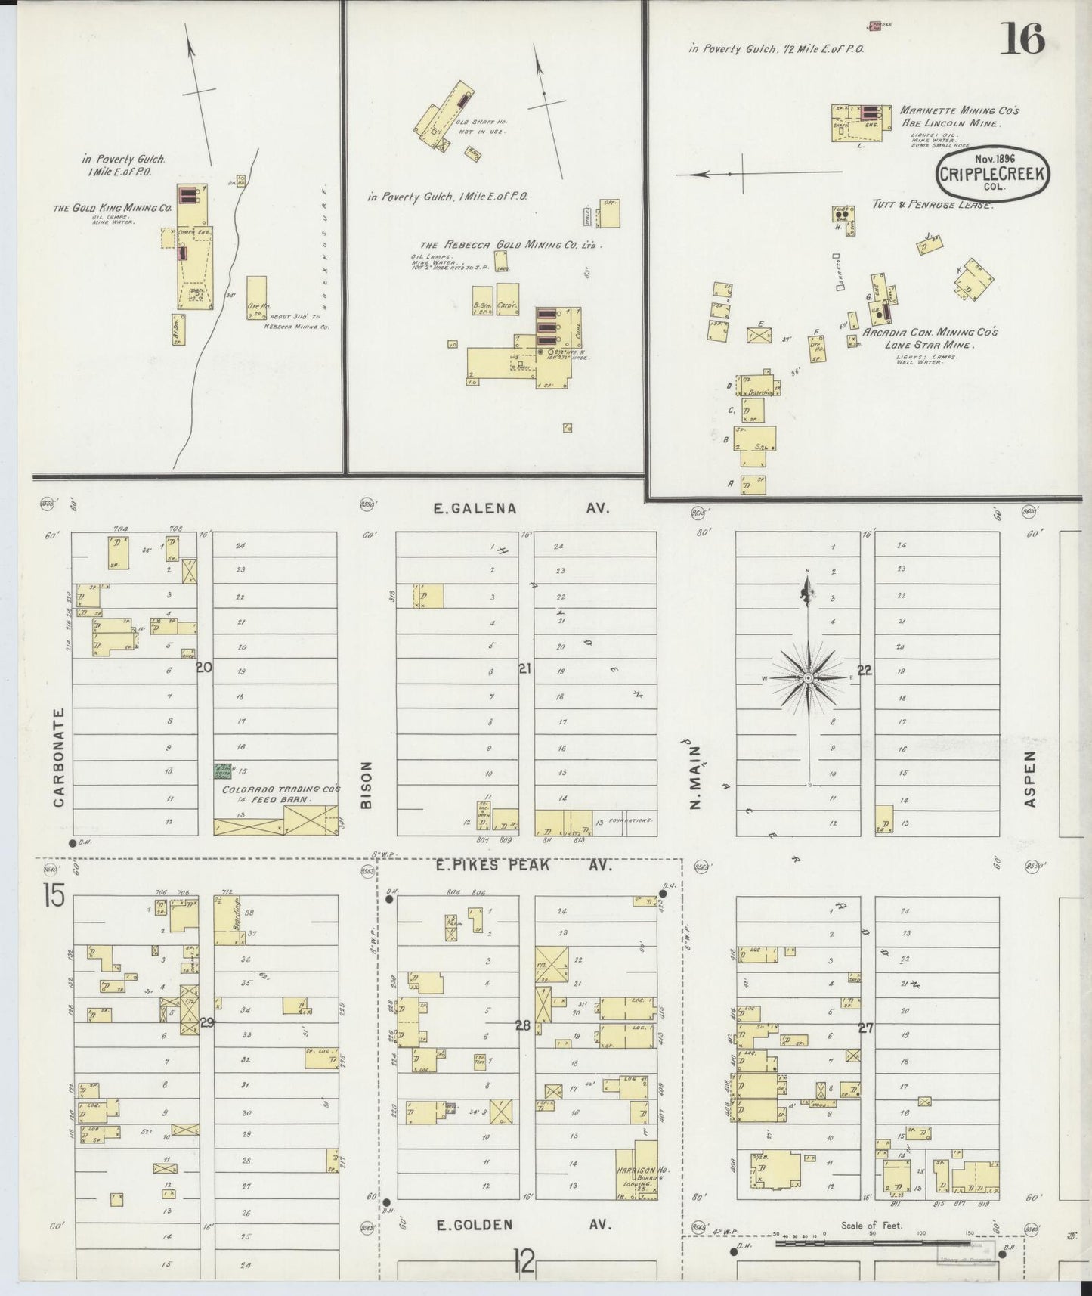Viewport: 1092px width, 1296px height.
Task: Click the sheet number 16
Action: click(1022, 39)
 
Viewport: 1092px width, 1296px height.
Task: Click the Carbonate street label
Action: click(60, 758)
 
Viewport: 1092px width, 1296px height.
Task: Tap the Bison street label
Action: click(367, 789)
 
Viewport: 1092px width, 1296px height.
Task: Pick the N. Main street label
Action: click(696, 777)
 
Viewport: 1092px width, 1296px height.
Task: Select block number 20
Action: click(203, 668)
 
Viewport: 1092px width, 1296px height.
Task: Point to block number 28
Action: click(523, 1025)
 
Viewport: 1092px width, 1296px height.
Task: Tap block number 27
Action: click(866, 1028)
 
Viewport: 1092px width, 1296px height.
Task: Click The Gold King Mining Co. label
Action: click(113, 208)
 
